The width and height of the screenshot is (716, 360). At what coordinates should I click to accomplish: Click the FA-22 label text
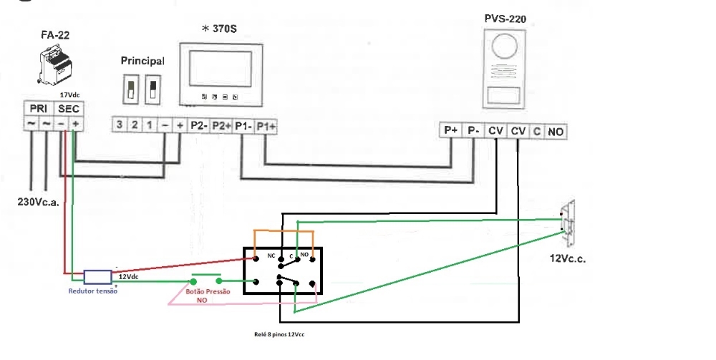pos(55,35)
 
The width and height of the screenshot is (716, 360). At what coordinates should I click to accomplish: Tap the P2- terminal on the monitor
pos(198,125)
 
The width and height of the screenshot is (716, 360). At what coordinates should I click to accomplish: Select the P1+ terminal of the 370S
pos(266,127)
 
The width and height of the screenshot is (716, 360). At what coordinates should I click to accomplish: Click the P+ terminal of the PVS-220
pos(451,130)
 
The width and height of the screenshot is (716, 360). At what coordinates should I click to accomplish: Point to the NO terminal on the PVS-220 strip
pos(555,132)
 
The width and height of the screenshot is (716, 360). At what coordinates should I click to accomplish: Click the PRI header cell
pos(39,109)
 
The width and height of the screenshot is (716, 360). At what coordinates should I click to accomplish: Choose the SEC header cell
pos(69,109)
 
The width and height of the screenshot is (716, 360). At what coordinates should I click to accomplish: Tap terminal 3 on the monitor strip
pos(119,125)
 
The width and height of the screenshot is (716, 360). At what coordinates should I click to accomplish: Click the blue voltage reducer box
pos(97,277)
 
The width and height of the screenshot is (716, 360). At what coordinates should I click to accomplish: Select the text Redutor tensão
pos(92,291)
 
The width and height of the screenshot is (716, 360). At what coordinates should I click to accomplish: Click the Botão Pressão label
pos(208,291)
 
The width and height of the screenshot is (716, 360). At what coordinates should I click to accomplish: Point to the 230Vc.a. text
pos(39,202)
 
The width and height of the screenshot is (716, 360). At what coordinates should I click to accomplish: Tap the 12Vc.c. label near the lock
pos(568,258)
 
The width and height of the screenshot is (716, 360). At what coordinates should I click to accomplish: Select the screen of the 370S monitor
pos(220,69)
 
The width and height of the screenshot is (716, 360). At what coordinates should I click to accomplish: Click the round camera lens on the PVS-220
pos(505,47)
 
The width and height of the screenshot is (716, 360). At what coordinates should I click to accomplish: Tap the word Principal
pos(142,61)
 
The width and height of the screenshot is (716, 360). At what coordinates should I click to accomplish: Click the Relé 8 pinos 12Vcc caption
pos(279,334)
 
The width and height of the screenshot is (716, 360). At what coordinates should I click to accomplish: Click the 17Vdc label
pos(70,95)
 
